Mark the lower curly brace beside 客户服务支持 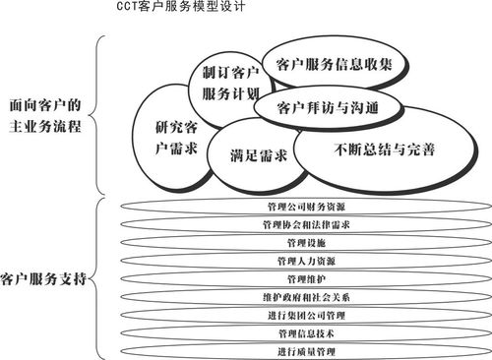point(98,279)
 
